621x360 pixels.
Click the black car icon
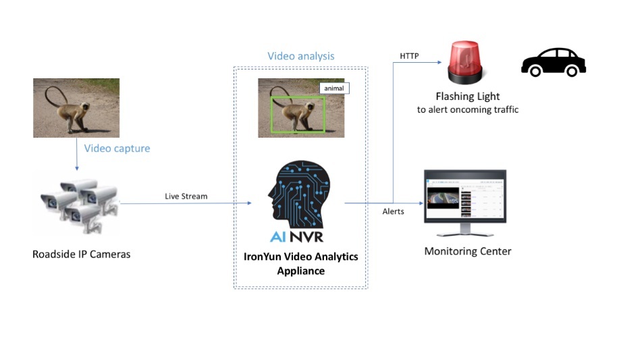(x=553, y=62)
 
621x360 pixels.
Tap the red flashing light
(x=464, y=62)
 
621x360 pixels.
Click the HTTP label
(x=410, y=55)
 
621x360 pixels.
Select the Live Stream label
(x=186, y=196)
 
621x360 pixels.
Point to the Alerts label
(x=393, y=211)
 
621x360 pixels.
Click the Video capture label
(x=117, y=148)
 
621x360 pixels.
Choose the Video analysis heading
(x=300, y=56)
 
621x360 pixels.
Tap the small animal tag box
(x=334, y=88)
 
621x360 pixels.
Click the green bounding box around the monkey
(x=298, y=114)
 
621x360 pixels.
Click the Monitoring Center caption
(x=467, y=251)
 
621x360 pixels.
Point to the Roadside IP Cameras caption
(x=82, y=255)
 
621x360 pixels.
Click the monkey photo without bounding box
(x=76, y=108)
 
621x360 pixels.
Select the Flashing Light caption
(x=467, y=97)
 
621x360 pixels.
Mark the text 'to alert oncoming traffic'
(x=467, y=109)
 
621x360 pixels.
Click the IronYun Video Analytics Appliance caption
(x=300, y=263)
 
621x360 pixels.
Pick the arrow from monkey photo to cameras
(x=76, y=154)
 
